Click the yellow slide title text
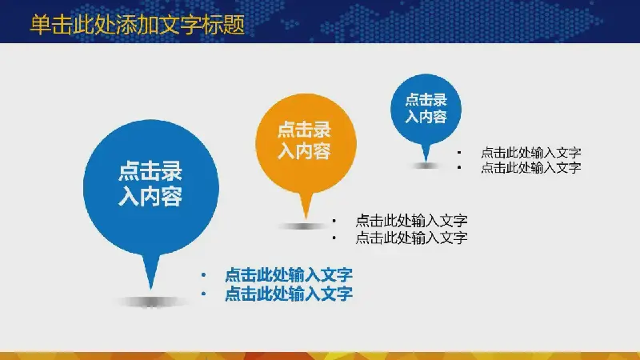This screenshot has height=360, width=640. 138,25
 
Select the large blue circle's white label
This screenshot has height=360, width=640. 150,183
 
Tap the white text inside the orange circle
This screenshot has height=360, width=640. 304,141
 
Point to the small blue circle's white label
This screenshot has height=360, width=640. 426,108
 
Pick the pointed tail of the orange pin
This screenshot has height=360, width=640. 306,217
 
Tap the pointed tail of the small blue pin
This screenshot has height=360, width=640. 426,159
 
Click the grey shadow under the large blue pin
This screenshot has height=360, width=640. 152,302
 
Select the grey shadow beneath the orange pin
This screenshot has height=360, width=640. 302,226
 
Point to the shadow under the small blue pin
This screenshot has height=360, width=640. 426,166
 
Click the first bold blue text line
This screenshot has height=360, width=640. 289,274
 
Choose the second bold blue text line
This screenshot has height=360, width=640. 289,294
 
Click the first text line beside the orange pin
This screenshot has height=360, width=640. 411,221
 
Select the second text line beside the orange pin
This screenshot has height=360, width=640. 411,238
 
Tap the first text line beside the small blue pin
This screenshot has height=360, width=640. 531,153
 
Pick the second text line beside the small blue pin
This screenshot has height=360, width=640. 531,167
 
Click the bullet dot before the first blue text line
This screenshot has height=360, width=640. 203,275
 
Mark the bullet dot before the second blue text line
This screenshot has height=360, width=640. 203,294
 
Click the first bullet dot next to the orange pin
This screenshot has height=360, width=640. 334,221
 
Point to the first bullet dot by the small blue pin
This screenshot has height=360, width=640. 459,153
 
